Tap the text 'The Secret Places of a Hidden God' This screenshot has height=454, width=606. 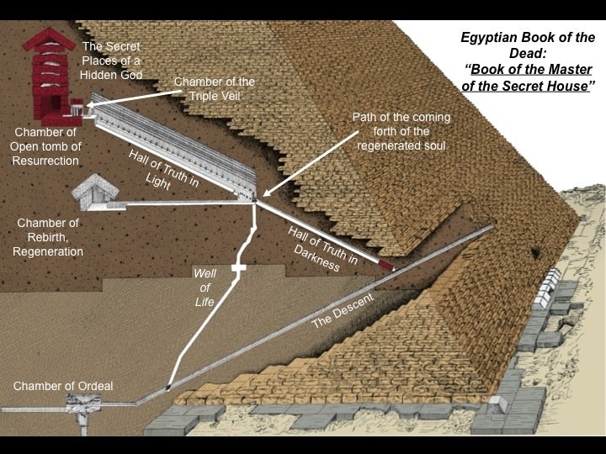(x=112, y=60)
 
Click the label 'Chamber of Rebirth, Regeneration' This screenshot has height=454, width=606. (x=50, y=237)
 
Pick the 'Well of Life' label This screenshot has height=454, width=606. (x=205, y=288)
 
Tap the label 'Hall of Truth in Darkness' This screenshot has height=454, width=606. (x=322, y=248)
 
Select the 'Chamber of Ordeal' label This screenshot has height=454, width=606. (x=62, y=386)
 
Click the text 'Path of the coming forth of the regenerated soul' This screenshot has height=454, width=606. (x=402, y=130)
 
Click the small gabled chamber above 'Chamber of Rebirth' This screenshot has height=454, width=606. (x=94, y=194)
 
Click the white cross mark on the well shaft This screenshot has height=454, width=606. (x=239, y=268)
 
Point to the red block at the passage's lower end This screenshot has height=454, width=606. (x=386, y=266)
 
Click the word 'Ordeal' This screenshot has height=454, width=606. (x=94, y=386)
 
